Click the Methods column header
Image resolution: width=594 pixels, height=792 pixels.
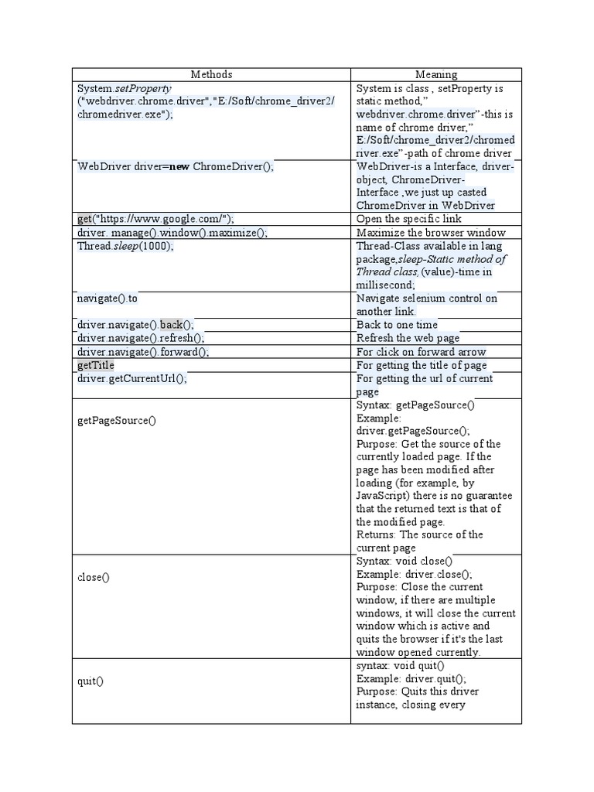tap(211, 74)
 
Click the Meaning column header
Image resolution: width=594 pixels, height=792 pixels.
tap(436, 74)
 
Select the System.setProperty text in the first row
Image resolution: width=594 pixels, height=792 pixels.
tap(125, 88)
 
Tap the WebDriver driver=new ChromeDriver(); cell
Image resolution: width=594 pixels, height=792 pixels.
tap(176, 166)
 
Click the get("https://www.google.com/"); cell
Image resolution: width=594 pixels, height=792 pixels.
tap(155, 219)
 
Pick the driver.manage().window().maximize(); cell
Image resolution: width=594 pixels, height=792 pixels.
tap(172, 232)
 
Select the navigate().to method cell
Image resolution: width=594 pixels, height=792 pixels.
tap(108, 298)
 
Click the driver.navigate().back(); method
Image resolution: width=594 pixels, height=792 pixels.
tap(136, 325)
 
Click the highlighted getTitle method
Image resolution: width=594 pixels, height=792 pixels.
tap(96, 364)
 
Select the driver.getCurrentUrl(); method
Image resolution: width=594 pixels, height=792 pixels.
tap(132, 378)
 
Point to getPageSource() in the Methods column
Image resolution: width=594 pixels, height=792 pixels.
tap(117, 421)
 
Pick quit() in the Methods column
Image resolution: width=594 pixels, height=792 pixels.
tap(90, 681)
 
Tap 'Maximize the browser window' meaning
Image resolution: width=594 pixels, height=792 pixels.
tap(431, 232)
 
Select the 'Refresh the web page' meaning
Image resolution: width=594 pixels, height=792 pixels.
tap(408, 338)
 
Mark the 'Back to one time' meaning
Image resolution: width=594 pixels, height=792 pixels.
tap(397, 325)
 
